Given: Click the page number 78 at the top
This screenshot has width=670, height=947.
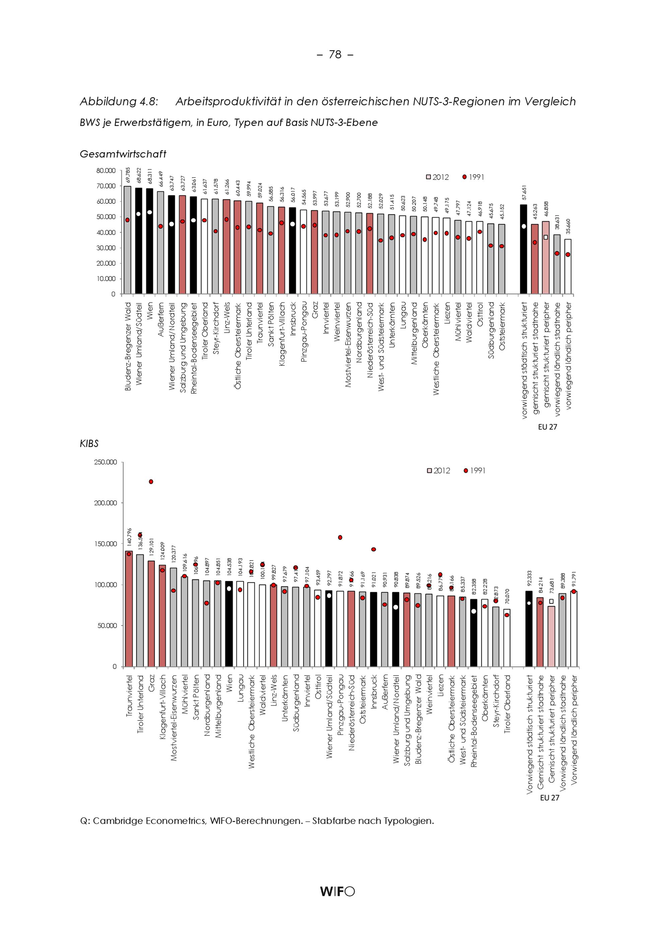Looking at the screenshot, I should click(x=335, y=55).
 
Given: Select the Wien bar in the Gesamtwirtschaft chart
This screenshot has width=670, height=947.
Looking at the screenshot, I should click(x=149, y=248).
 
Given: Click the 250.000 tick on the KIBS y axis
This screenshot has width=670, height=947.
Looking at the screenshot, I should click(x=106, y=462).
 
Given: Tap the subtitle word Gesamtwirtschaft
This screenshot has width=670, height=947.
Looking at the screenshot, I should click(x=123, y=154).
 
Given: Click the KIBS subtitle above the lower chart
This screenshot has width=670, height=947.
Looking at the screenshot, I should click(x=89, y=443).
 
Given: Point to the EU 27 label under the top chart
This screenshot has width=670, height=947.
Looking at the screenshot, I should click(x=547, y=427).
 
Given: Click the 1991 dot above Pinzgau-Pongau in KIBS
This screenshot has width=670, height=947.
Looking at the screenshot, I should click(x=340, y=537).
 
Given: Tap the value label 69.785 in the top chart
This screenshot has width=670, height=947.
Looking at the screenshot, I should click(x=128, y=175).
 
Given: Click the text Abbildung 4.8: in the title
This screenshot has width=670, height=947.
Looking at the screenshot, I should click(x=119, y=101).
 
